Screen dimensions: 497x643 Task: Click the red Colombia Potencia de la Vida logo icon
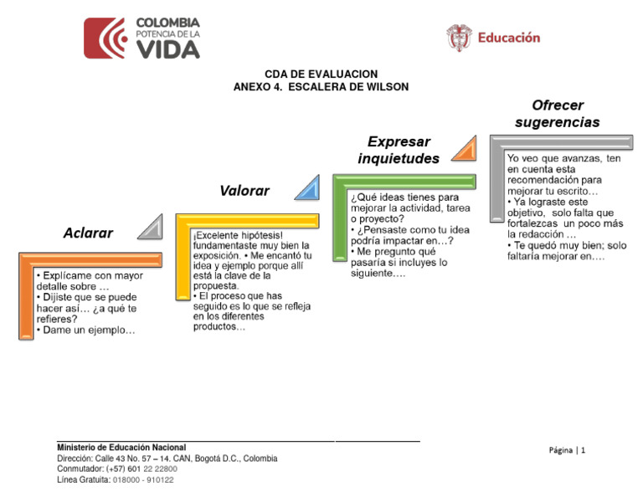coord(105,38)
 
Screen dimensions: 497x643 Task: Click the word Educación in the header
coord(508,38)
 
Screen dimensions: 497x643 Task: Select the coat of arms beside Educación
coord(459,38)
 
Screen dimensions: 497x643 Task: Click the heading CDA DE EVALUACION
coord(321,74)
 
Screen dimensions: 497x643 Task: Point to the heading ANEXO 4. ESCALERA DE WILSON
coord(321,87)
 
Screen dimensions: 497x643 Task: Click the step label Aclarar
coord(88,233)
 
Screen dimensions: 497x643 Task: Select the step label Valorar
coord(244,191)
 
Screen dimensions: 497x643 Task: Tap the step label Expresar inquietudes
coord(399,150)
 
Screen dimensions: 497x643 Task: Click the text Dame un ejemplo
coord(88,330)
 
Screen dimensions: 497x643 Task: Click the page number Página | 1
coord(568,450)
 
